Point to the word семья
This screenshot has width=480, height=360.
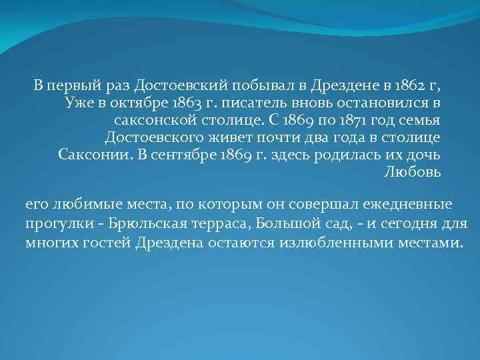[x=424, y=121]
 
